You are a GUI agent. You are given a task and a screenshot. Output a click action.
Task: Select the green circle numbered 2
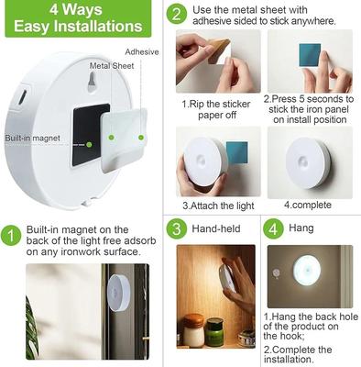[x=177, y=14]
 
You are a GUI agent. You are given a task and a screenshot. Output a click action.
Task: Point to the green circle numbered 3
[x=176, y=228]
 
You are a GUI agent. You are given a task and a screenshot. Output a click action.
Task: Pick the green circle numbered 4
[x=272, y=228]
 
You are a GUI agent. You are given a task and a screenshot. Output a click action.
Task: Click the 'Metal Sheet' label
[x=111, y=66]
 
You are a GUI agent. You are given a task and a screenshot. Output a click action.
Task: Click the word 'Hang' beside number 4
[x=303, y=228]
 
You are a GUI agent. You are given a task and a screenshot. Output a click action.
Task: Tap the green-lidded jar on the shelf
[x=213, y=329]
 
